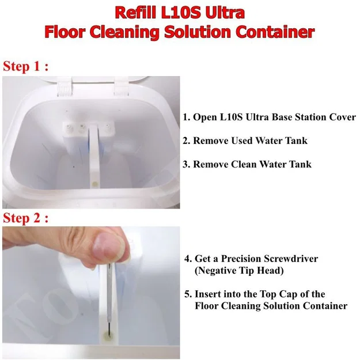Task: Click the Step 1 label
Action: click(25, 67)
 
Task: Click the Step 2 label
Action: click(25, 218)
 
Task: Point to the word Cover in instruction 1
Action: click(343, 117)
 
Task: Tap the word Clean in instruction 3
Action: click(244, 164)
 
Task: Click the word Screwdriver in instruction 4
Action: click(291, 259)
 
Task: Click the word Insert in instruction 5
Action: click(208, 294)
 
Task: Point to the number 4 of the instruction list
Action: click(187, 259)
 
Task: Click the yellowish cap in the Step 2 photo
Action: click(108, 336)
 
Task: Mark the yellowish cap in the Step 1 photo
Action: click(94, 184)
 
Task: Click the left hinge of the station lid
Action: click(65, 87)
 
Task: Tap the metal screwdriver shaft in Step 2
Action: click(109, 298)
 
